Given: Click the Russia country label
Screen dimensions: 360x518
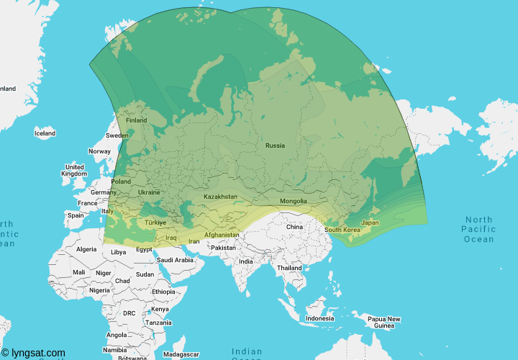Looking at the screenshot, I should (x=275, y=145).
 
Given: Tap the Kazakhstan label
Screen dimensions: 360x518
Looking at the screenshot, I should (x=220, y=197).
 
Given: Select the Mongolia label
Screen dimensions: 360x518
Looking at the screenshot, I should (x=293, y=201).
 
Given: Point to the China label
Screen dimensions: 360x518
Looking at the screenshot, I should (x=295, y=227).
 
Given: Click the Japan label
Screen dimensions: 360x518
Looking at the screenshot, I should (x=370, y=222).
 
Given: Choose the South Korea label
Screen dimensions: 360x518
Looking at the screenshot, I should (x=342, y=230).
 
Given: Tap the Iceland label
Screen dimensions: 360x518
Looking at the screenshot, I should (x=45, y=133).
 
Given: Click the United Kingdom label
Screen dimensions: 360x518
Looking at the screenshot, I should (x=74, y=171).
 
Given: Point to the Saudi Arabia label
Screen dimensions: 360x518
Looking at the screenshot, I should (x=175, y=260).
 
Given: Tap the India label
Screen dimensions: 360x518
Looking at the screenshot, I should (x=246, y=261).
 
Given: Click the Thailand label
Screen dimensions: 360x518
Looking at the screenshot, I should (x=290, y=268).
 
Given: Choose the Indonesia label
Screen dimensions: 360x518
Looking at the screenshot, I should (x=319, y=318).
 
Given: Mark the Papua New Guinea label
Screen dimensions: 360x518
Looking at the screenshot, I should (x=383, y=322).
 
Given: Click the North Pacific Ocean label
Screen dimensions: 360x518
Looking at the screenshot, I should (x=479, y=229).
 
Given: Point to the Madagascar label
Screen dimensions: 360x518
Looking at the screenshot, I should (x=181, y=354).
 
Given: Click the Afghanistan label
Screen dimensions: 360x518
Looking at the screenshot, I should (x=222, y=235).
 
